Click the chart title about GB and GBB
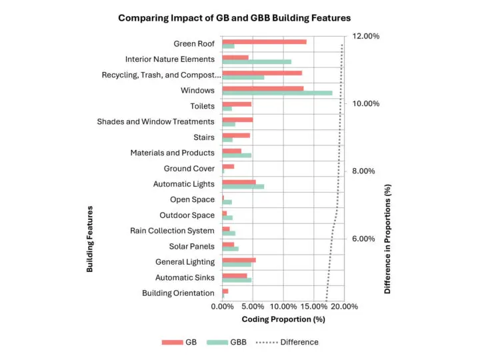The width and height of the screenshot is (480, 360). (x=234, y=18)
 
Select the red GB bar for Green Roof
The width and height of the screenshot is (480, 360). (x=264, y=41)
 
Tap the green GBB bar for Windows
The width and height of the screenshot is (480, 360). (x=277, y=93)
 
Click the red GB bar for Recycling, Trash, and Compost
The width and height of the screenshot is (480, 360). (x=262, y=73)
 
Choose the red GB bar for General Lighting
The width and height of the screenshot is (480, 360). (x=239, y=259)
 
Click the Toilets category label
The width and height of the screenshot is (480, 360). (x=202, y=106)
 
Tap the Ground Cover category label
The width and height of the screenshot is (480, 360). (x=189, y=169)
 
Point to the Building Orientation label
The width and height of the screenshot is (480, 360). (x=178, y=293)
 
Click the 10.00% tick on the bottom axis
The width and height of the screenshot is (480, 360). (x=283, y=306)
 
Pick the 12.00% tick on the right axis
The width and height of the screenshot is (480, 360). (x=366, y=36)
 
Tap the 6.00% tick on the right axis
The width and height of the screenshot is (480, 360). (x=364, y=239)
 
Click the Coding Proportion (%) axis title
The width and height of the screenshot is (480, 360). (x=283, y=319)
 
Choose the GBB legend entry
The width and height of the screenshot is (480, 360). (x=227, y=342)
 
